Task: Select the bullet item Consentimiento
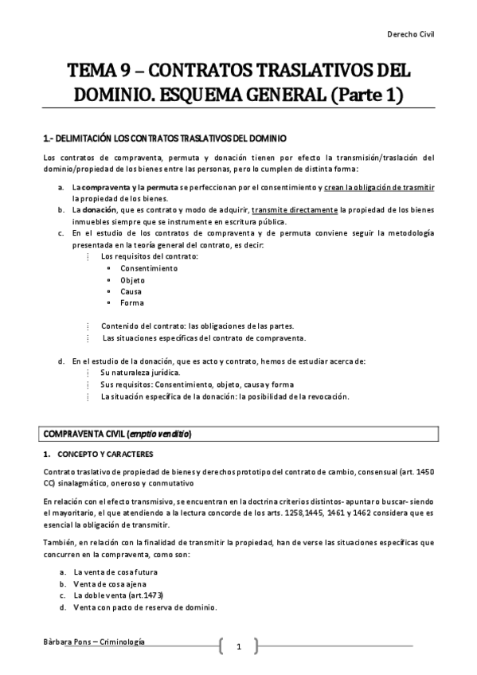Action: tap(149, 268)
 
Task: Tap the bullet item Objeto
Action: tap(133, 280)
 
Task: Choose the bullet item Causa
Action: tap(131, 291)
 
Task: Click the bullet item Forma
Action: tap(132, 303)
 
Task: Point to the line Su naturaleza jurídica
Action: tap(140, 373)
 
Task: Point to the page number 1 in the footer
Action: tap(238, 646)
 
